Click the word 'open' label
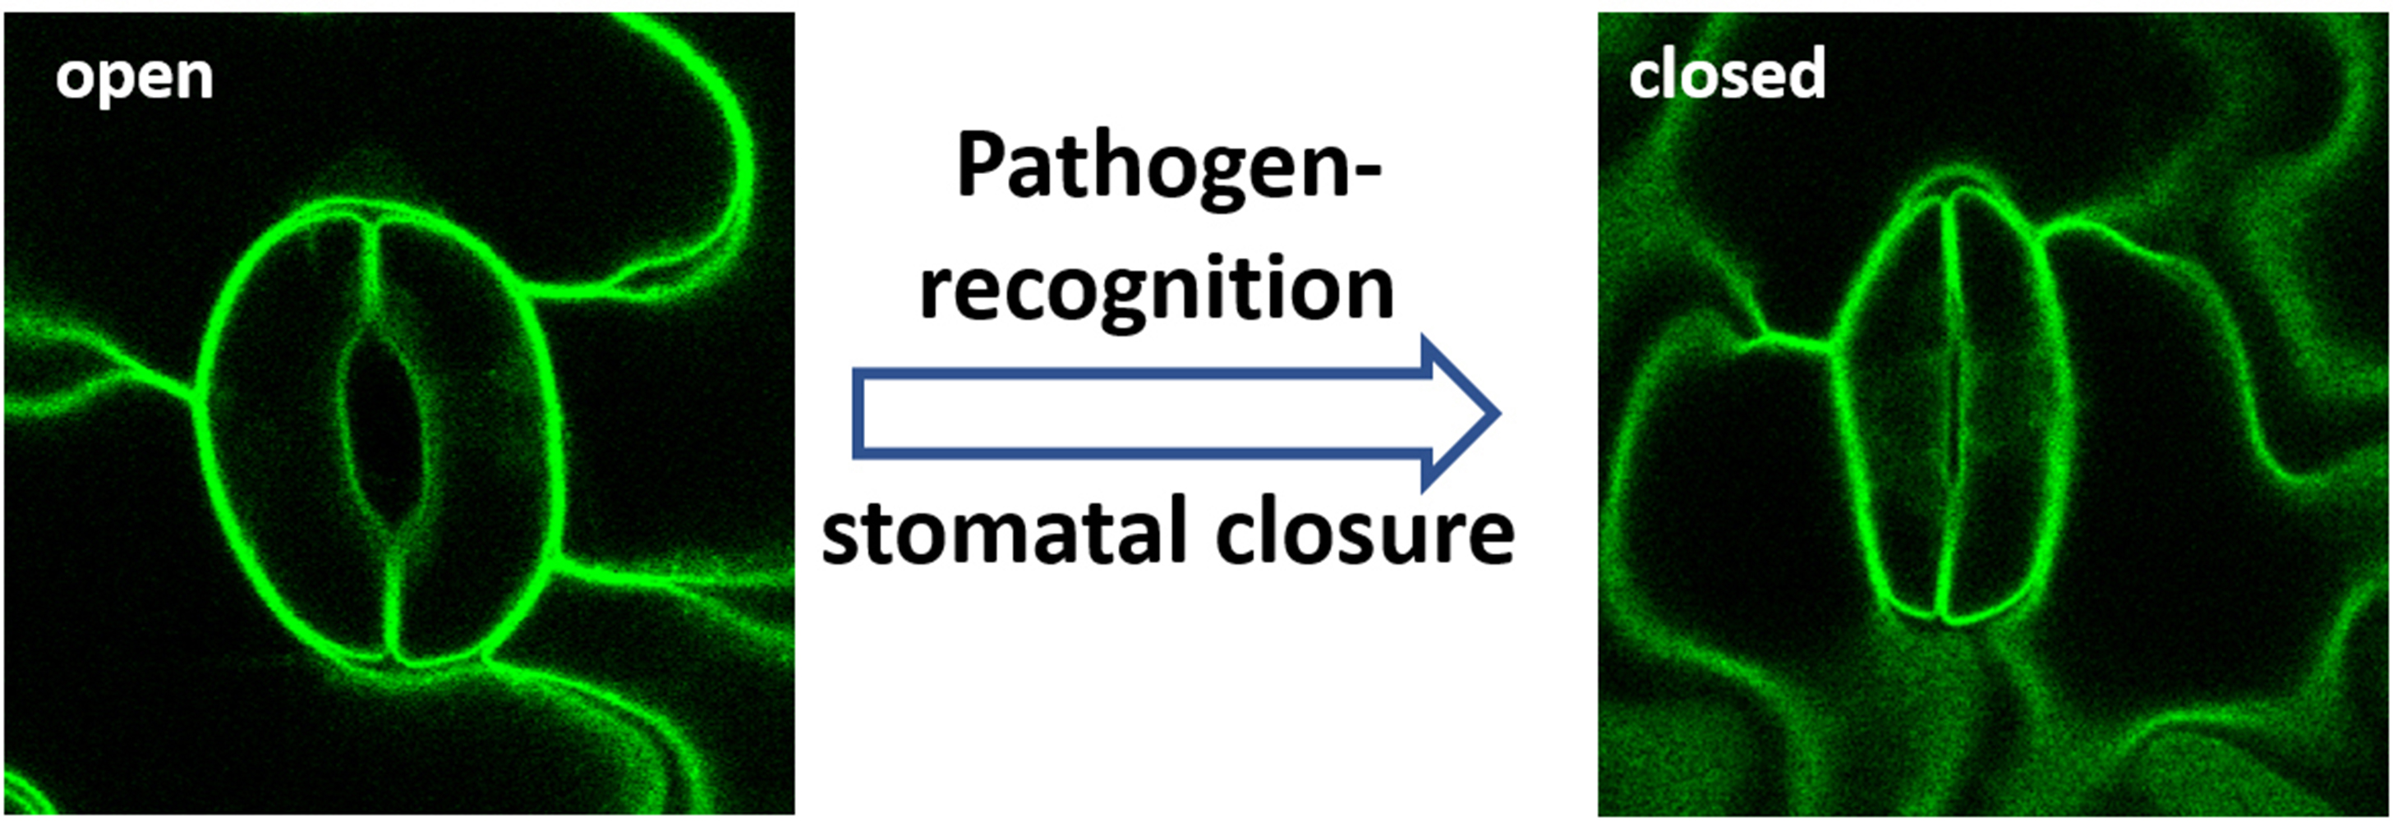point(135,77)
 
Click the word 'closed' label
point(1727,74)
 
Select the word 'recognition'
point(1157,289)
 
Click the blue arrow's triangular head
point(1458,413)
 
